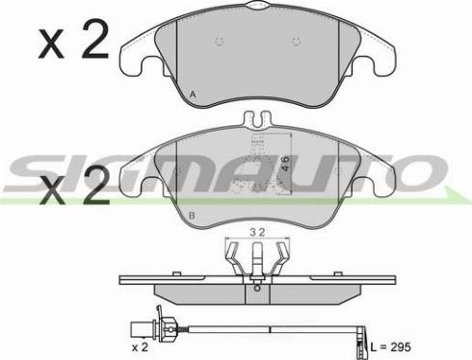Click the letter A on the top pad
click(193, 94)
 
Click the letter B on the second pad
click(192, 216)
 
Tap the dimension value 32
click(257, 232)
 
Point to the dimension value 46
click(284, 164)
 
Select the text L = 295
click(390, 347)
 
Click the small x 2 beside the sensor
click(140, 347)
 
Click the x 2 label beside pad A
click(74, 39)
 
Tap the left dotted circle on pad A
click(220, 40)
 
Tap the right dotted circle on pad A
click(296, 40)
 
